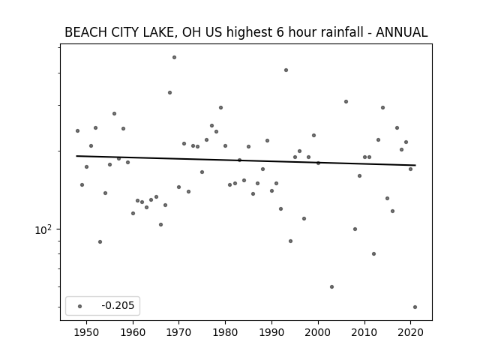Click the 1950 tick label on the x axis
(x=87, y=332)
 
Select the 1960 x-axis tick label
(x=133, y=332)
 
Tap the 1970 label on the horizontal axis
(x=179, y=332)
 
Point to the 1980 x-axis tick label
(x=225, y=332)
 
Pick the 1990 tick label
(x=271, y=332)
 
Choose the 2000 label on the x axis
(x=318, y=332)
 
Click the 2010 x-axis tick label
(x=364, y=332)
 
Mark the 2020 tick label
(x=410, y=332)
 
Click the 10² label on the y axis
(x=43, y=229)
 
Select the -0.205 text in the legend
(x=118, y=305)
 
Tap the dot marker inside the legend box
(x=80, y=306)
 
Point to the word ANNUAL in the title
(x=402, y=32)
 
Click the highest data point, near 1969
(x=174, y=57)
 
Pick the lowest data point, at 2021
(x=415, y=307)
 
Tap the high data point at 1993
(x=286, y=70)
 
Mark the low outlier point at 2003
(x=331, y=286)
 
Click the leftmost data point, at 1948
(x=77, y=130)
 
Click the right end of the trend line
(x=415, y=165)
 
